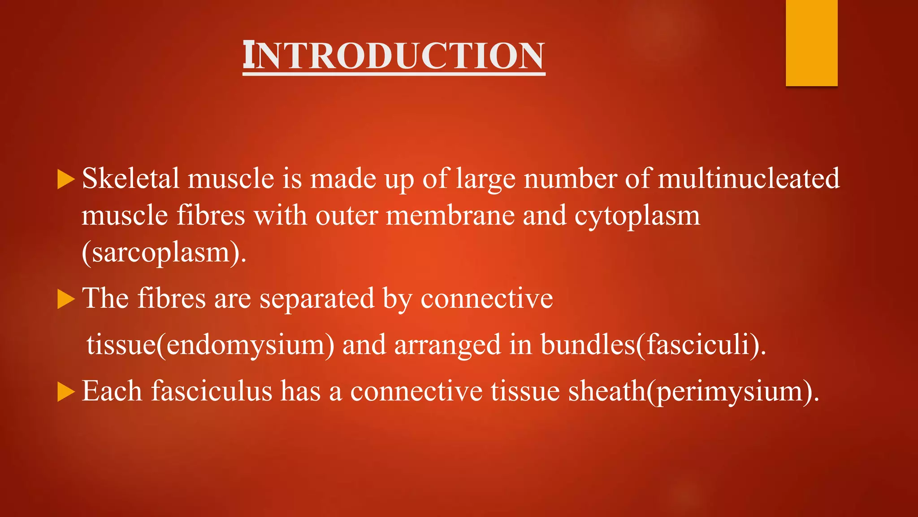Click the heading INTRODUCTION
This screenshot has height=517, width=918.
394,56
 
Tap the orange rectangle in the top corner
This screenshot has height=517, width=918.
811,43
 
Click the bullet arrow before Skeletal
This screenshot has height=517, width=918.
65,180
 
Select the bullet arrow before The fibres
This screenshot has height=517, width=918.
65,299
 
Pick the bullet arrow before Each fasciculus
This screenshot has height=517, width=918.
65,392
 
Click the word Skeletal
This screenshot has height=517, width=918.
130,178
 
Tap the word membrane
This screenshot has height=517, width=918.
450,215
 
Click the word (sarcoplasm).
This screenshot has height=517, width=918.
164,253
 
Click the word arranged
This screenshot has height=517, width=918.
447,345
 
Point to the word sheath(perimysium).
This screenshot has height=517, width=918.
693,391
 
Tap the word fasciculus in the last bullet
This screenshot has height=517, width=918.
211,390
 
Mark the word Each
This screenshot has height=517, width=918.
112,390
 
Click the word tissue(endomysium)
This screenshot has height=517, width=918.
210,345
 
